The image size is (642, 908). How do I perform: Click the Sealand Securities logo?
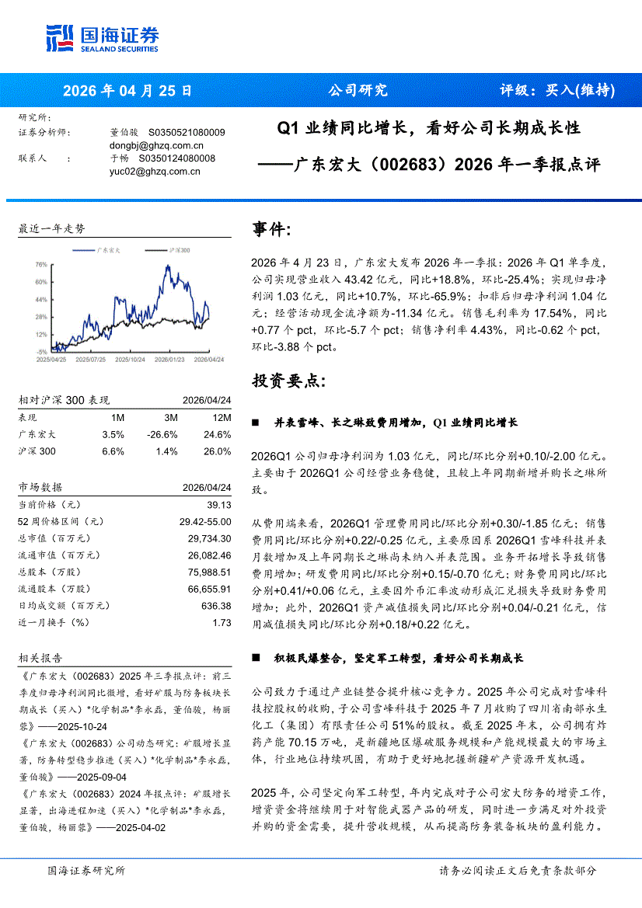(102, 38)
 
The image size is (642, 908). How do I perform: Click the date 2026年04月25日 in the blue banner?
(127, 90)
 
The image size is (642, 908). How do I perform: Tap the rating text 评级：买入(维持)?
(557, 90)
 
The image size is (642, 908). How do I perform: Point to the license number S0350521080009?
(187, 133)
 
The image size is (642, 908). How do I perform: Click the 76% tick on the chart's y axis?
(41, 264)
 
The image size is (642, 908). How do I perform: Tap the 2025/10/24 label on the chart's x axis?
(127, 360)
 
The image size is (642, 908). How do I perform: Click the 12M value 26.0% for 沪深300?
(217, 451)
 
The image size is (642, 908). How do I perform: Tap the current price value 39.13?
(218, 504)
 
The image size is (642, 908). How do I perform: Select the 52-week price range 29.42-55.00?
(205, 521)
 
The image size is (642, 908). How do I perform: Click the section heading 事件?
(272, 229)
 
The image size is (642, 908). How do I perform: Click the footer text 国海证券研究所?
(85, 871)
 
